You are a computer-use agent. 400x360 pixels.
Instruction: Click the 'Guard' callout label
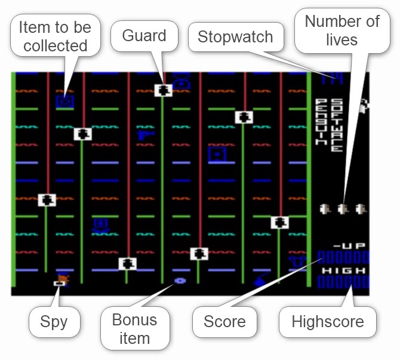coord(144,36)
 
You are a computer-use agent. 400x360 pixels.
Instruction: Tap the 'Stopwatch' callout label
coord(235,38)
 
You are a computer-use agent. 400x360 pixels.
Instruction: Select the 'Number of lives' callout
coord(342,31)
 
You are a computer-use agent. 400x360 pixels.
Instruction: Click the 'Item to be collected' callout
coord(54,36)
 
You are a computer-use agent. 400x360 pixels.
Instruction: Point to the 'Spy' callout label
coord(54,322)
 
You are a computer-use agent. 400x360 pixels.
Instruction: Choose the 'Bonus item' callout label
coord(134,328)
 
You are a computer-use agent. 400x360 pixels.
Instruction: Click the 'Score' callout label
coord(224,322)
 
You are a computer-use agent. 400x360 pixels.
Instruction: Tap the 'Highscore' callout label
coord(327,322)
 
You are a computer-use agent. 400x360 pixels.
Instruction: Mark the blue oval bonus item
coord(180,279)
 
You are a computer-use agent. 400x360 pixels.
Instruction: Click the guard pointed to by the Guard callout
coord(164,90)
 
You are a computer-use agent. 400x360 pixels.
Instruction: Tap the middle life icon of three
coord(342,209)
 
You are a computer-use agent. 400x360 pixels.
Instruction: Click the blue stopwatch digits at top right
coord(329,78)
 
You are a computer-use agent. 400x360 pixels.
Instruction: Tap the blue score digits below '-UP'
coord(343,259)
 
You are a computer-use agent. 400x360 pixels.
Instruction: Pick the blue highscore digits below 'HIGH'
coord(343,282)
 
